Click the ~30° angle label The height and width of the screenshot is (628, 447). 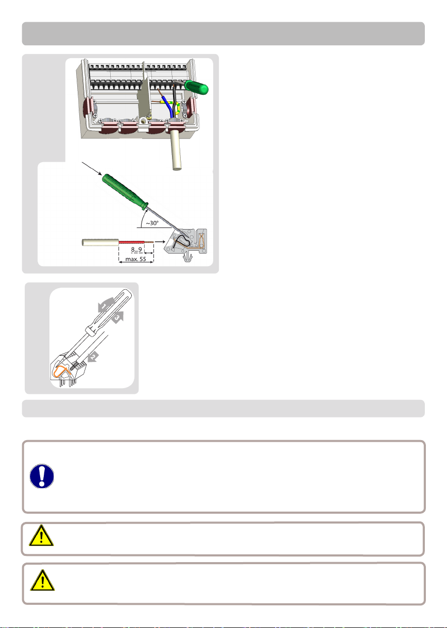(152, 223)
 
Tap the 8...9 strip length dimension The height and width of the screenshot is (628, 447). (136, 249)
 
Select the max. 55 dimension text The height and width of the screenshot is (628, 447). (136, 259)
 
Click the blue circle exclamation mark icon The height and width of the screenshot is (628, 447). (42, 476)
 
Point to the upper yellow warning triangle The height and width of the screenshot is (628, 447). (41, 536)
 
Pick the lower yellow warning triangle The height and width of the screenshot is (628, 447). (42, 581)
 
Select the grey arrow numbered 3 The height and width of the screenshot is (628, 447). (117, 318)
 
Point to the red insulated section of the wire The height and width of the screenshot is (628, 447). (131, 241)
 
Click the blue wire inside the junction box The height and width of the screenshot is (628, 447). (167, 105)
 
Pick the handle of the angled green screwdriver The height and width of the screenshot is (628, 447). (125, 191)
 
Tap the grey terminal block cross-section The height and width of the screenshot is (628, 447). (186, 241)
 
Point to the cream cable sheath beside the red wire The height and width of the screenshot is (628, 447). (100, 242)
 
